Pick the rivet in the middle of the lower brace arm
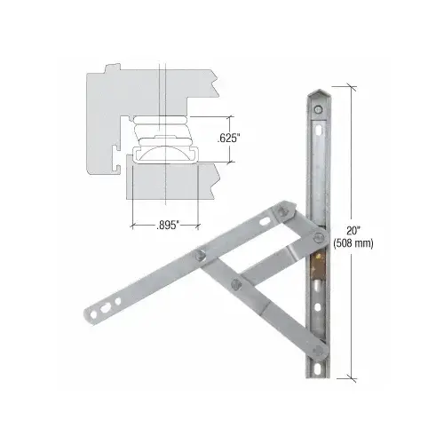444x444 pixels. pos(234,283)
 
